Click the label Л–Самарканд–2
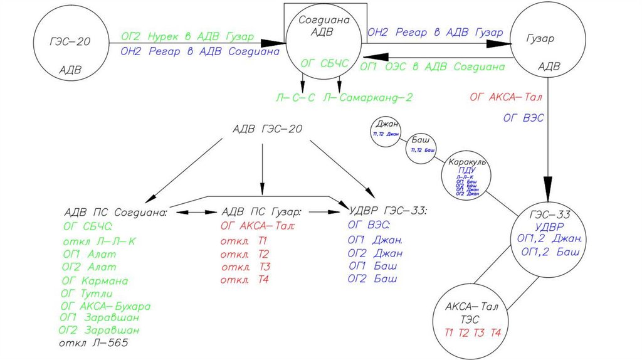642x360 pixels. tap(368, 97)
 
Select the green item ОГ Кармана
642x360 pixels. tap(95, 280)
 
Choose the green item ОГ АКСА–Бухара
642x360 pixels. tap(106, 306)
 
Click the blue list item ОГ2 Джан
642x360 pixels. tap(375, 253)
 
